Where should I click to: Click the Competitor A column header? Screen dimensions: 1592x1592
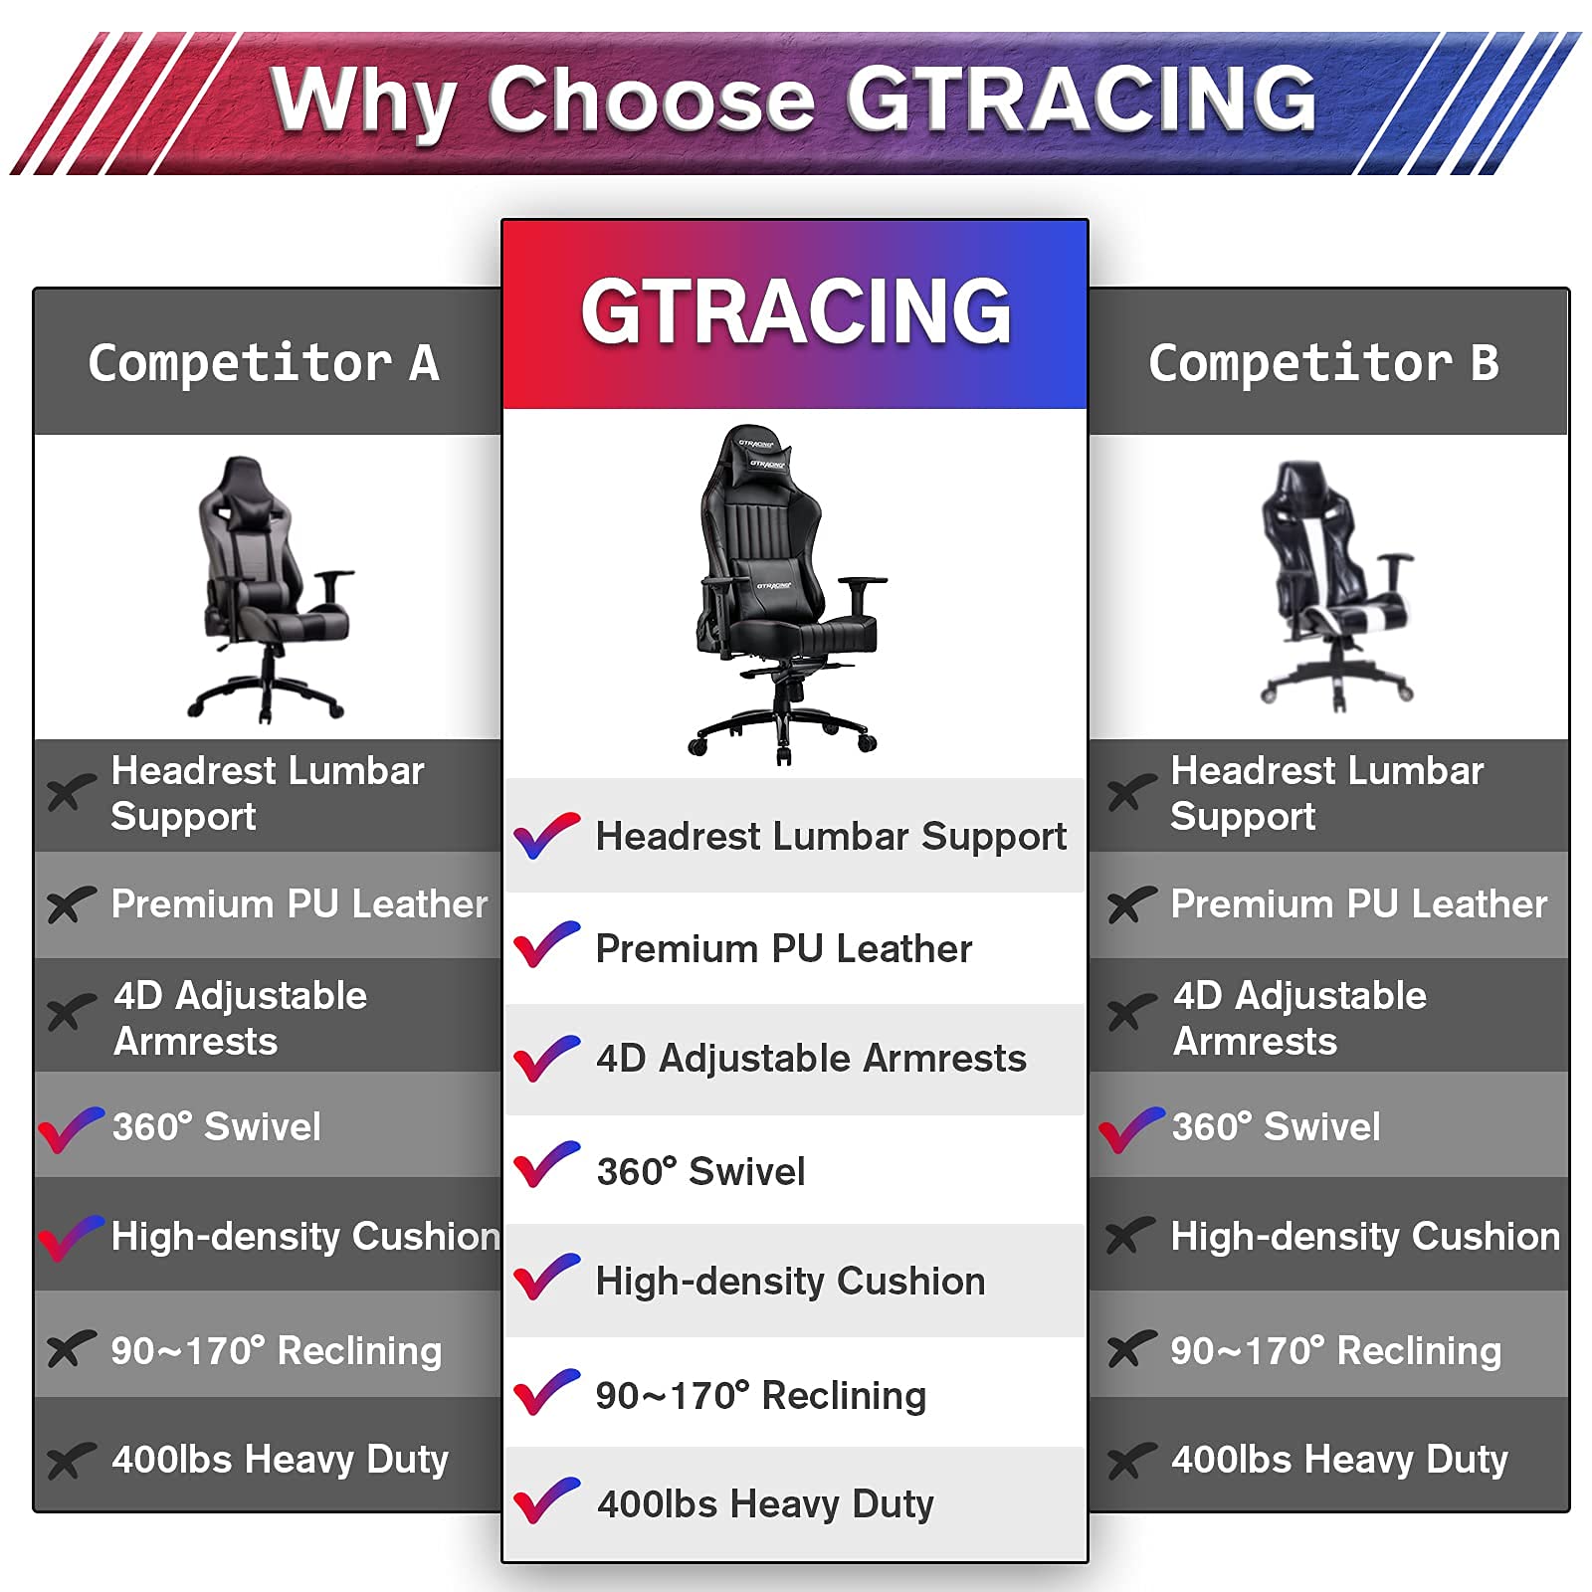(x=264, y=362)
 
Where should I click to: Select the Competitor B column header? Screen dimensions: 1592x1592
(x=1323, y=362)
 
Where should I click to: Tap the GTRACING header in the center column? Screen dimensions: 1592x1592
(x=796, y=311)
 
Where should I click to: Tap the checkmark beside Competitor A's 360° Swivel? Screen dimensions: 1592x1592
(x=70, y=1129)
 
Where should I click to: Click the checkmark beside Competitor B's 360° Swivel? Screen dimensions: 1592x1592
(x=1130, y=1129)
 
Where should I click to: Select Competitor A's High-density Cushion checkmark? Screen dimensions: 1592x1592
(x=70, y=1238)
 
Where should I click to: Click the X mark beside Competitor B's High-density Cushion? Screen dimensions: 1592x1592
(x=1130, y=1236)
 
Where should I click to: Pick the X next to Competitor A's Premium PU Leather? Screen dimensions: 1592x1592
(x=71, y=904)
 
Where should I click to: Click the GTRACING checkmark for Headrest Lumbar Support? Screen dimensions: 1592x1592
(x=546, y=835)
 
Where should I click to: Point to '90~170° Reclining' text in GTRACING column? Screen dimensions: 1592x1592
(x=761, y=1395)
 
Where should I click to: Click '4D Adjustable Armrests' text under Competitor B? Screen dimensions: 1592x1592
(x=1299, y=1018)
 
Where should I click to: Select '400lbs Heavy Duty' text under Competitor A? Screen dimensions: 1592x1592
(x=280, y=1460)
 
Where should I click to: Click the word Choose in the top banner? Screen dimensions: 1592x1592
(x=652, y=99)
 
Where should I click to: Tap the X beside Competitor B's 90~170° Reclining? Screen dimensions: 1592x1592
(x=1131, y=1349)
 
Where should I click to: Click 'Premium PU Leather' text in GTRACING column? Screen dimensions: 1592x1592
(x=784, y=948)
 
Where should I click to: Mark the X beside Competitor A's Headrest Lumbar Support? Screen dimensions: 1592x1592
(x=71, y=792)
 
